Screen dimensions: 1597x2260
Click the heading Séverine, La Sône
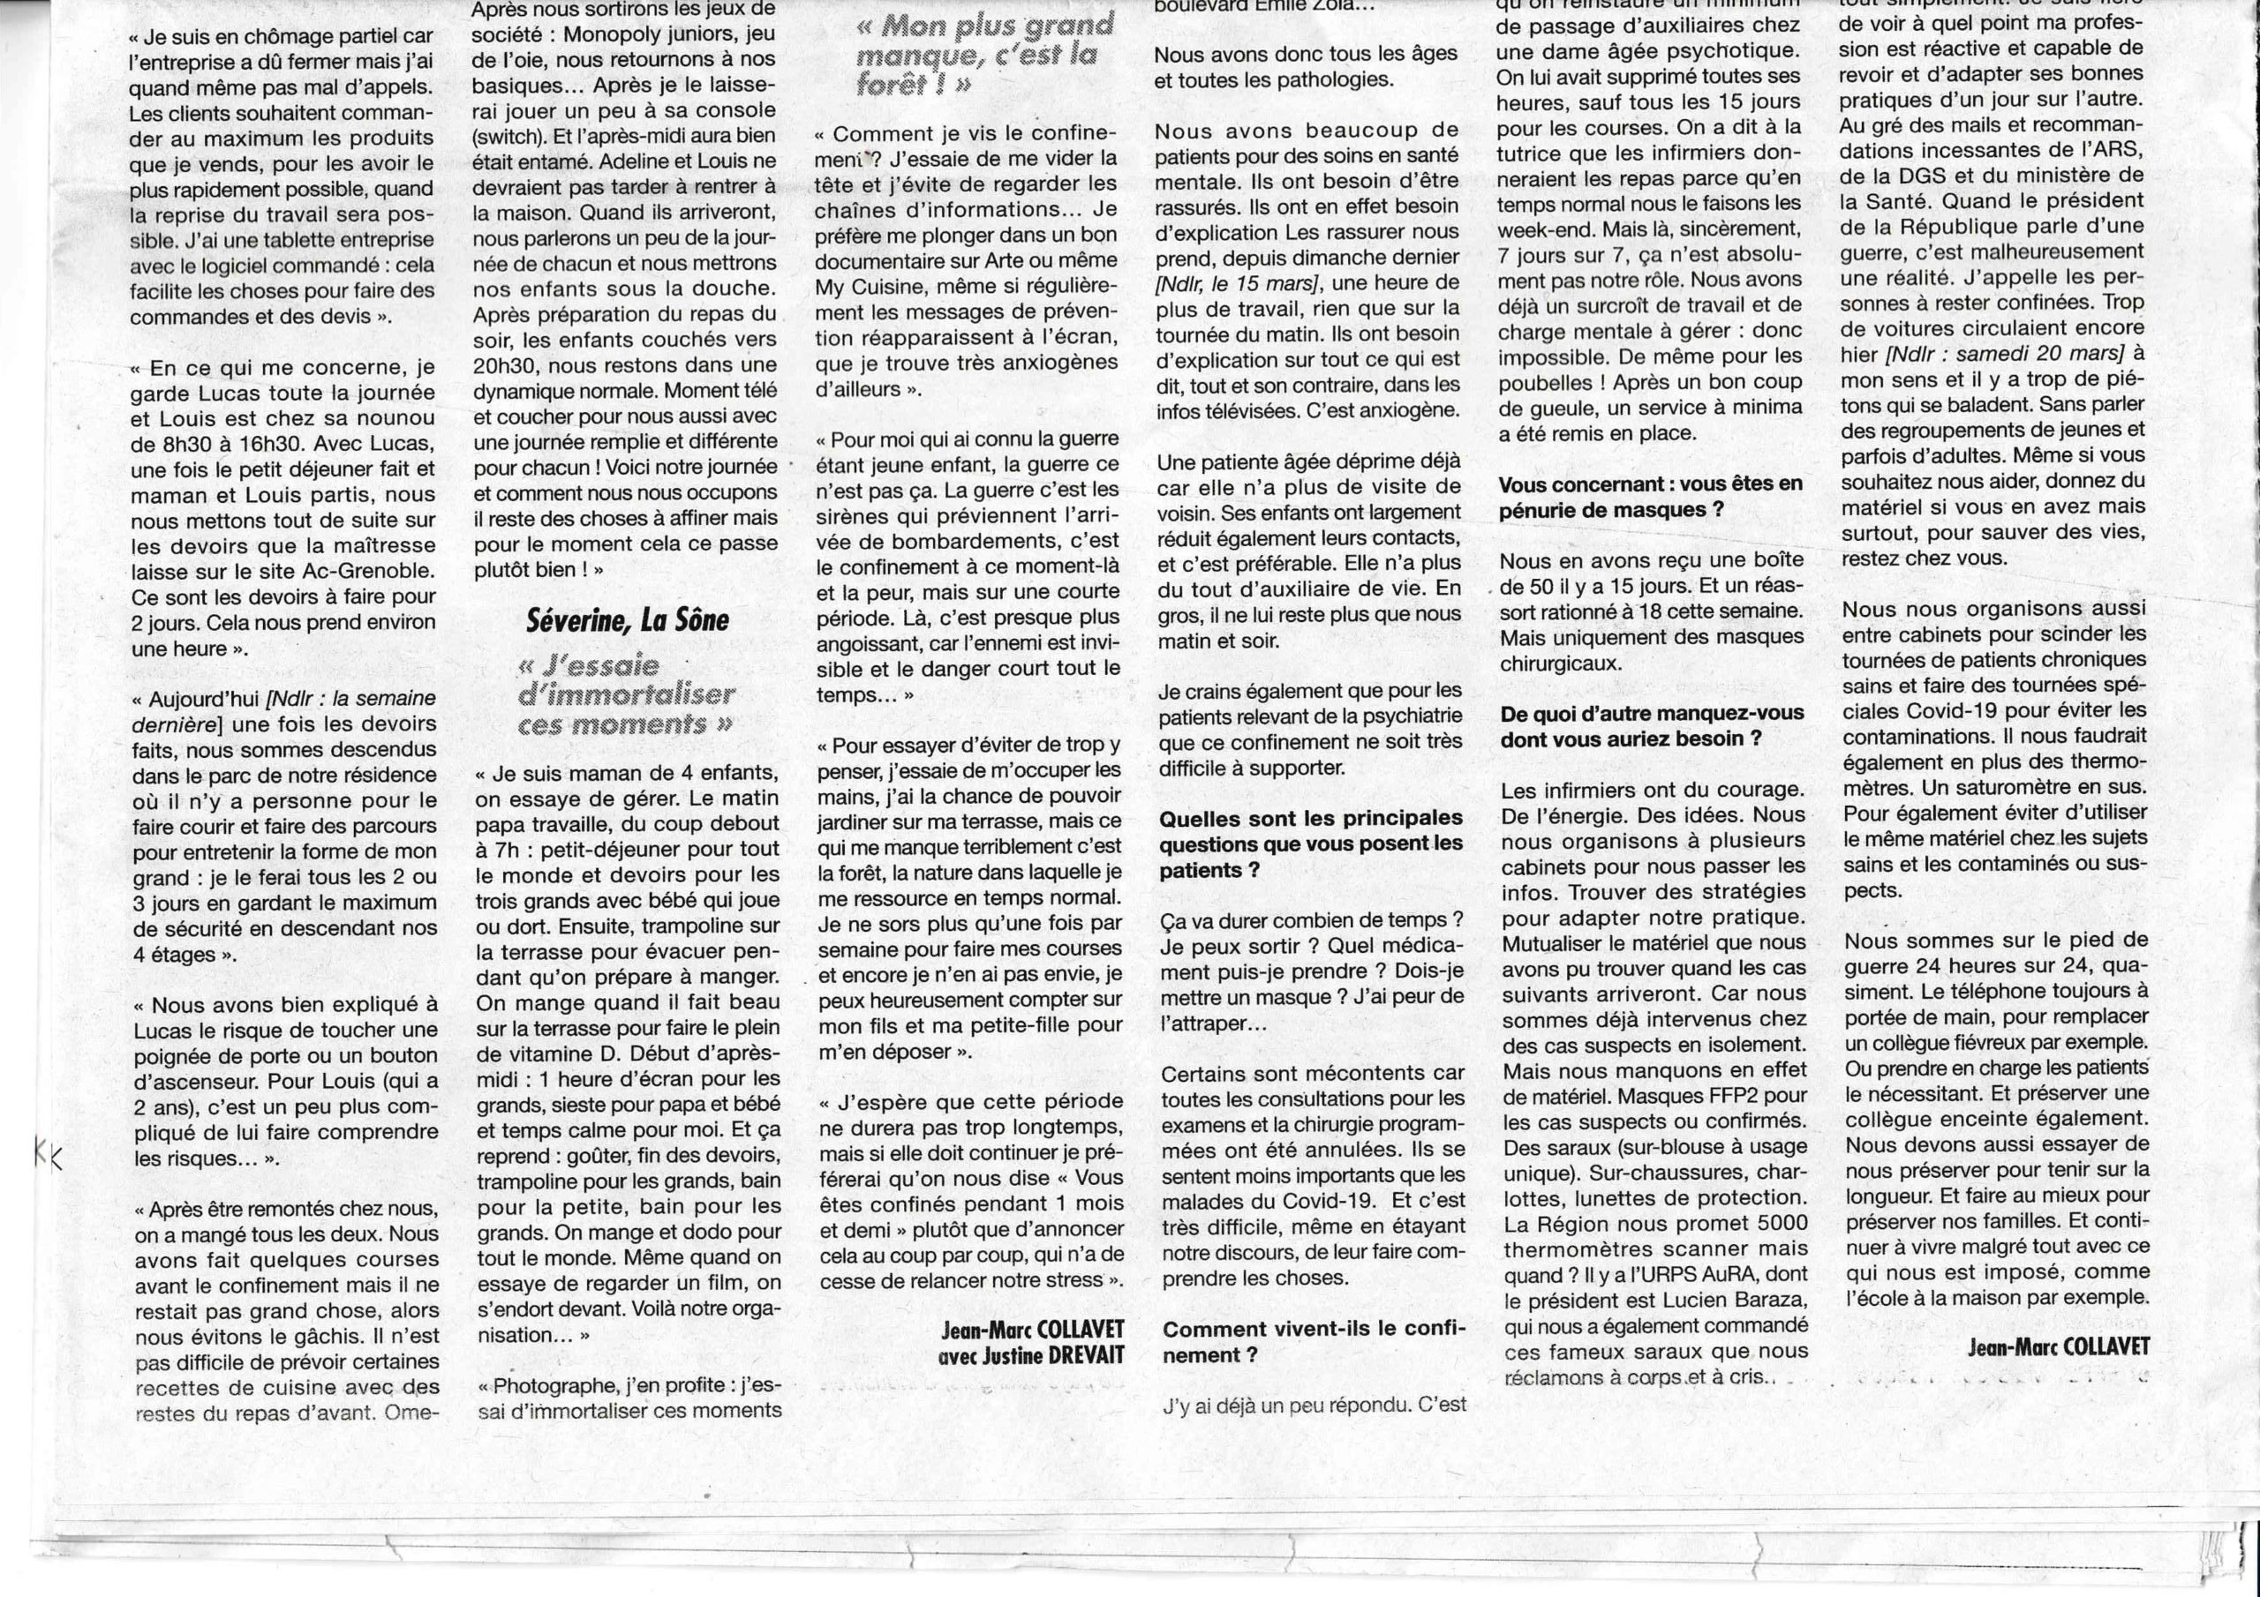point(628,620)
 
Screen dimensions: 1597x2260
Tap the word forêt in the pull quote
point(900,86)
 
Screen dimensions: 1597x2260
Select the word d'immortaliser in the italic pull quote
point(626,694)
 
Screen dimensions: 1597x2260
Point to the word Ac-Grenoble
point(371,572)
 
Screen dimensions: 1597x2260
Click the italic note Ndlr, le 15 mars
point(1239,283)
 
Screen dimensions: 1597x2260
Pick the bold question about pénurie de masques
point(1651,497)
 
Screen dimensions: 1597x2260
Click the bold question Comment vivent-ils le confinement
point(1313,1341)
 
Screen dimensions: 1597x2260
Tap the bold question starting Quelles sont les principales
point(1310,843)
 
